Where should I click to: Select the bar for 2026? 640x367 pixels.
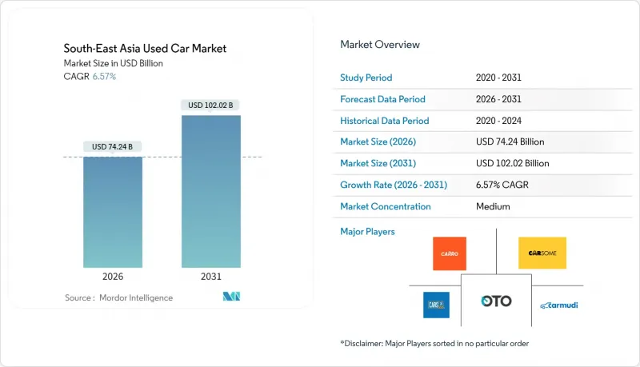(113, 212)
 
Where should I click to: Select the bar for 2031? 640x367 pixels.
(211, 192)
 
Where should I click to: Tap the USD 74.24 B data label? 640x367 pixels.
(113, 146)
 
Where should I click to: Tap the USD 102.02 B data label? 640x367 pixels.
(211, 105)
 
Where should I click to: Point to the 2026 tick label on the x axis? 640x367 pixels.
(113, 277)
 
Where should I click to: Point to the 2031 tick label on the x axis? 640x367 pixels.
(211, 277)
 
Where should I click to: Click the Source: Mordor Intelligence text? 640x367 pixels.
(118, 298)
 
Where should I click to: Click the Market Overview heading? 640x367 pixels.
(379, 45)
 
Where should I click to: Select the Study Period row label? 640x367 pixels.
(367, 78)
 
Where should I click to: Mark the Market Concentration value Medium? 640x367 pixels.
(492, 206)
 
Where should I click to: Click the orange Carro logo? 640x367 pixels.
(449, 253)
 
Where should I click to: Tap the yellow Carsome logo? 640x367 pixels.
(542, 253)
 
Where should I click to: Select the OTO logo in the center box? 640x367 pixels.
(496, 301)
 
